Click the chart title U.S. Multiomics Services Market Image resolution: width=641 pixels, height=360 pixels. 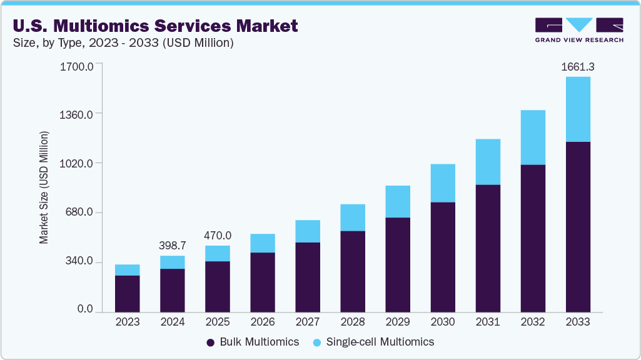(x=155, y=26)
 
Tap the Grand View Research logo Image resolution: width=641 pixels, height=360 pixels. (x=579, y=30)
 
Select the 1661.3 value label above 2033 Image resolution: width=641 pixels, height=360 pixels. (x=577, y=66)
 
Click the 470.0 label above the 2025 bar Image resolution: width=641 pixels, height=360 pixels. (x=217, y=236)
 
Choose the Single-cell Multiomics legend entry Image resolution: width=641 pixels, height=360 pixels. (x=373, y=342)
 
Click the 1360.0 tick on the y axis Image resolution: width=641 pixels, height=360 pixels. (x=76, y=114)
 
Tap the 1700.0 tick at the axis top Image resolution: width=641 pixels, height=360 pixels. (x=76, y=66)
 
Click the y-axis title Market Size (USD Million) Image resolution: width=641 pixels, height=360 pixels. (x=44, y=187)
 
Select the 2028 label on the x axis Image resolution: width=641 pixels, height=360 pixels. (x=352, y=322)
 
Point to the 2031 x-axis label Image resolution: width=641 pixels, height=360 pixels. (x=487, y=322)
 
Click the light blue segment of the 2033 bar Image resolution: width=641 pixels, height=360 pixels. (x=577, y=109)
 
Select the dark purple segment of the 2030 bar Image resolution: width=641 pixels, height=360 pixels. (x=442, y=256)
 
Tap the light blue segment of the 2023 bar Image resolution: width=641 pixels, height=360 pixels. (x=127, y=270)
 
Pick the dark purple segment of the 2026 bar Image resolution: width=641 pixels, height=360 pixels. (x=262, y=281)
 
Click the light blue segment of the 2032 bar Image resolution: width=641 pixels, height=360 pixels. (x=532, y=137)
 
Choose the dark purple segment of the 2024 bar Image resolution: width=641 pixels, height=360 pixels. (x=172, y=289)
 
